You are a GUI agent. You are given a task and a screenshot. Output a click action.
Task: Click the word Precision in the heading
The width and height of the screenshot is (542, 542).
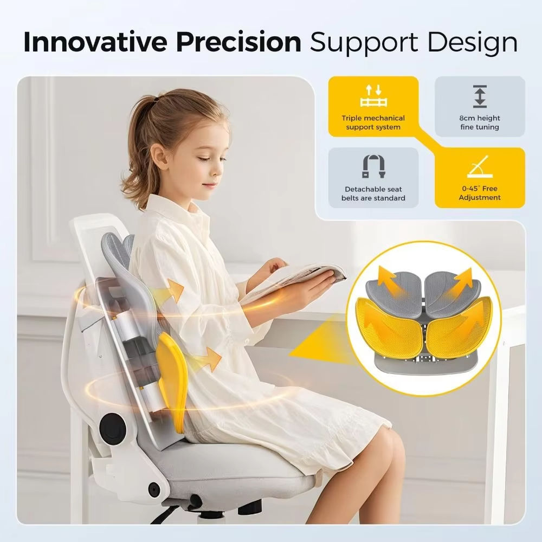click(238, 42)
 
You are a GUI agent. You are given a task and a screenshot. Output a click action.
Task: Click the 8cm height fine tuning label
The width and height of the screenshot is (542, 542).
click(480, 122)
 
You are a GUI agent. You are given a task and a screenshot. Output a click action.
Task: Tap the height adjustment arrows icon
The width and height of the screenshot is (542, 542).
click(480, 96)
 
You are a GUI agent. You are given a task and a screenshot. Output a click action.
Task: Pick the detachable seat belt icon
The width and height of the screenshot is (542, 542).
click(373, 166)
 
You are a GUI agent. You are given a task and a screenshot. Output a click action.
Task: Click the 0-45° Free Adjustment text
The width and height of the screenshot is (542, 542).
click(480, 193)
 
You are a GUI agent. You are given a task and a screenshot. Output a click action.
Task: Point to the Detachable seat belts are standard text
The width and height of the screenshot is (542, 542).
click(373, 193)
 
